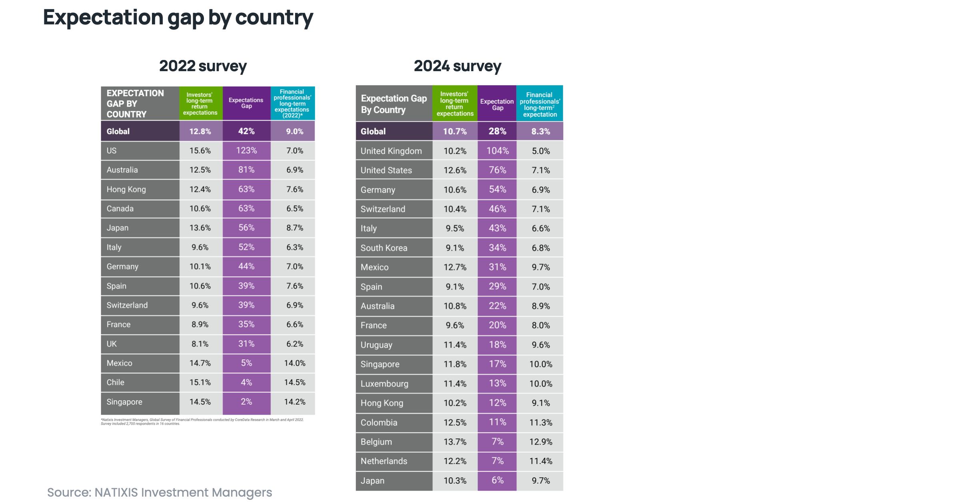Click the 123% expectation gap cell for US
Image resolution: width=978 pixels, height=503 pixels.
(246, 151)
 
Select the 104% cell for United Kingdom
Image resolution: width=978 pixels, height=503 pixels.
(497, 151)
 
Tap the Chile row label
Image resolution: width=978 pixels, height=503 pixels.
(116, 382)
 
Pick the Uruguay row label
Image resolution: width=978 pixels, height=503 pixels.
(376, 345)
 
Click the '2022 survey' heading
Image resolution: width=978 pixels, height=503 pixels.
(203, 66)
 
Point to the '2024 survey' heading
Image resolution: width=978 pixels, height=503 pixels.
(457, 66)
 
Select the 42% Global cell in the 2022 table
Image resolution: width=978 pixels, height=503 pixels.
(246, 131)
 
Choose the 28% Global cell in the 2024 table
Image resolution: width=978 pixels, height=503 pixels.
(497, 131)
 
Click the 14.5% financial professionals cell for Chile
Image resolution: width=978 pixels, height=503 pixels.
(295, 382)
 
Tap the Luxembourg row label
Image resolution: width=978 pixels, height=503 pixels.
(384, 383)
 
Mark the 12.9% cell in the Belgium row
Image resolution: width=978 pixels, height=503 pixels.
(541, 442)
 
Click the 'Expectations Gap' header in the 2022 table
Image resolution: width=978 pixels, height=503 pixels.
(246, 103)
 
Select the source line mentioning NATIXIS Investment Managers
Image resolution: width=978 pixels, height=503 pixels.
(160, 492)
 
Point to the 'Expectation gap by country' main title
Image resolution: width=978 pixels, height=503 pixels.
(178, 18)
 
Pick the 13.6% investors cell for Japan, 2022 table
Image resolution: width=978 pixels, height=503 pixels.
(200, 228)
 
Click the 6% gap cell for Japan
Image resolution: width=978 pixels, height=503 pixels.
(497, 480)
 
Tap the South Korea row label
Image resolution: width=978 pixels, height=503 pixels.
(384, 248)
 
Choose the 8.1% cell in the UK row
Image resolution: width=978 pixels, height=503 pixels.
(200, 344)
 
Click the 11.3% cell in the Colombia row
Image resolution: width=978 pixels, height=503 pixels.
(541, 422)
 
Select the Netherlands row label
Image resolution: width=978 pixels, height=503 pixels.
(384, 461)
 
